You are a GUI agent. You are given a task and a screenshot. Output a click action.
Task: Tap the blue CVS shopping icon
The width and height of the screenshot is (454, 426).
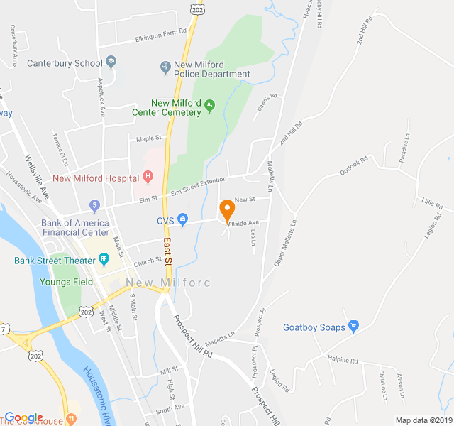(x=182, y=220)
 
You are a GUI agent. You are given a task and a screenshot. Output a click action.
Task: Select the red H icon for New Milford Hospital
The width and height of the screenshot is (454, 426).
(x=148, y=176)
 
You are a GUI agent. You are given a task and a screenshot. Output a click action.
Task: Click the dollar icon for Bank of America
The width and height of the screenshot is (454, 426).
(x=94, y=206)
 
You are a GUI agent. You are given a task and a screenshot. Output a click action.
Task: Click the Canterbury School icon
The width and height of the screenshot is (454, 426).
(x=111, y=62)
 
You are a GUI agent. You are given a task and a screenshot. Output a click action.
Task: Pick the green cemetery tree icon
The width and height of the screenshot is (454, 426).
(x=209, y=107)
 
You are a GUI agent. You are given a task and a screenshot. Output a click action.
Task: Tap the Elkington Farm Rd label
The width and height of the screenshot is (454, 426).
(x=160, y=33)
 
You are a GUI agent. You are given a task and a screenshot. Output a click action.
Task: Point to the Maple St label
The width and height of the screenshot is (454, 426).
(x=149, y=138)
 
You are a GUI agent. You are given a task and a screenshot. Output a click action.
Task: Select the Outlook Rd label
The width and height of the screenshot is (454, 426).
(x=354, y=168)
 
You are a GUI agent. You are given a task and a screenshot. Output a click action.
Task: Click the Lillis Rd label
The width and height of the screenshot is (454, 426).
(x=431, y=204)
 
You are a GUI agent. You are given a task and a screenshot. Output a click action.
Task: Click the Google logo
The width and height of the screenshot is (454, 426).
(x=24, y=418)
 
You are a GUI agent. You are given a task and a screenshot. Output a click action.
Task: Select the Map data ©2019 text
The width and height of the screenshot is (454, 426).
(x=423, y=420)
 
